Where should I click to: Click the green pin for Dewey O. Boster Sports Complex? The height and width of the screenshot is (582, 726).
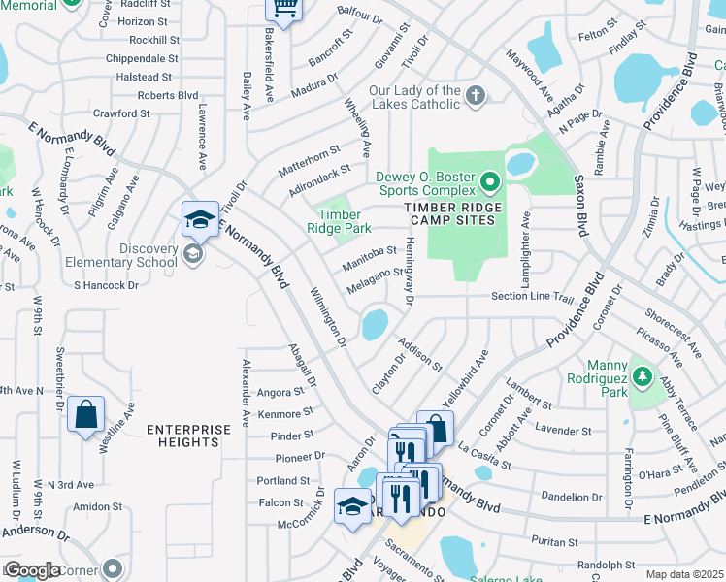[490, 181]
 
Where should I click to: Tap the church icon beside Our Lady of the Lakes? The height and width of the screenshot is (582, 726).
[475, 96]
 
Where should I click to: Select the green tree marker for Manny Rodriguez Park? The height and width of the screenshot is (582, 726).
[641, 373]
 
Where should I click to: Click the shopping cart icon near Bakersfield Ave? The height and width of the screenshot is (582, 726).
[284, 9]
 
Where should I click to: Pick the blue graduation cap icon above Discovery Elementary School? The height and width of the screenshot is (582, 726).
[199, 220]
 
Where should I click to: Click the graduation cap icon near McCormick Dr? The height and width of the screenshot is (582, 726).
[352, 505]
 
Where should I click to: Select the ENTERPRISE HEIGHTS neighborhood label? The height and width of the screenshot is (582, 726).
[189, 436]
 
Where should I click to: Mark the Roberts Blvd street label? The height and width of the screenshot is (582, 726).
[167, 95]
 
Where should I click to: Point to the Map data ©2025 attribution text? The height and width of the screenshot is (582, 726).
[684, 574]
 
